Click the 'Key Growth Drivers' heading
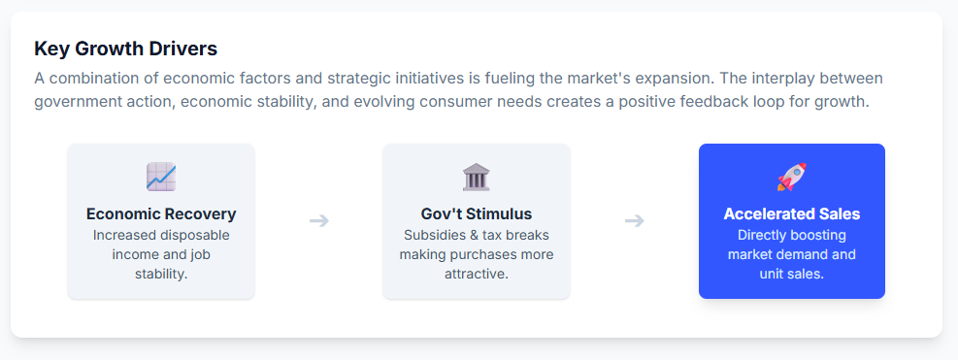pyautogui.click(x=126, y=49)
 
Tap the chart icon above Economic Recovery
pyautogui.click(x=161, y=177)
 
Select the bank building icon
pyautogui.click(x=477, y=177)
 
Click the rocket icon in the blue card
pyautogui.click(x=792, y=177)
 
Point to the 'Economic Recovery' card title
pyautogui.click(x=161, y=213)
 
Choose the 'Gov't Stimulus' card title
pyautogui.click(x=477, y=213)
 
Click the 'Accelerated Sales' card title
pyautogui.click(x=792, y=213)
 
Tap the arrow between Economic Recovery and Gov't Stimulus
pyautogui.click(x=319, y=220)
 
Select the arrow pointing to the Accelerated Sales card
pyautogui.click(x=634, y=220)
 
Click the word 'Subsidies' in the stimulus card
pyautogui.click(x=430, y=236)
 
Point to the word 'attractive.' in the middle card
pyautogui.click(x=477, y=275)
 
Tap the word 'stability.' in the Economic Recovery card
pyautogui.click(x=161, y=275)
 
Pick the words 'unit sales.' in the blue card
pyautogui.click(x=792, y=275)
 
